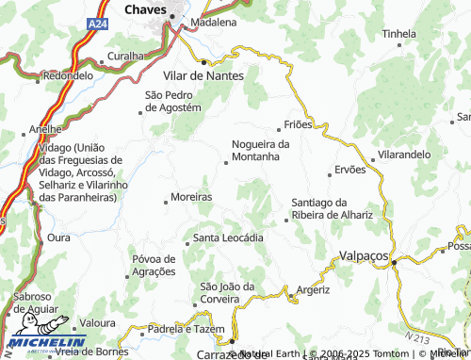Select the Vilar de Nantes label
tap(203, 74)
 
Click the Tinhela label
tap(398, 34)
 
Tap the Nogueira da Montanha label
tap(260, 150)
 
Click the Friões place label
tap(299, 124)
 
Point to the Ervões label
tap(349, 171)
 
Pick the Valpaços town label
tap(364, 254)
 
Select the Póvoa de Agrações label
tap(154, 265)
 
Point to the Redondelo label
tap(68, 74)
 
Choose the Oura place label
tap(58, 237)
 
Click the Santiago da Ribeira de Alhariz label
tap(333, 208)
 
